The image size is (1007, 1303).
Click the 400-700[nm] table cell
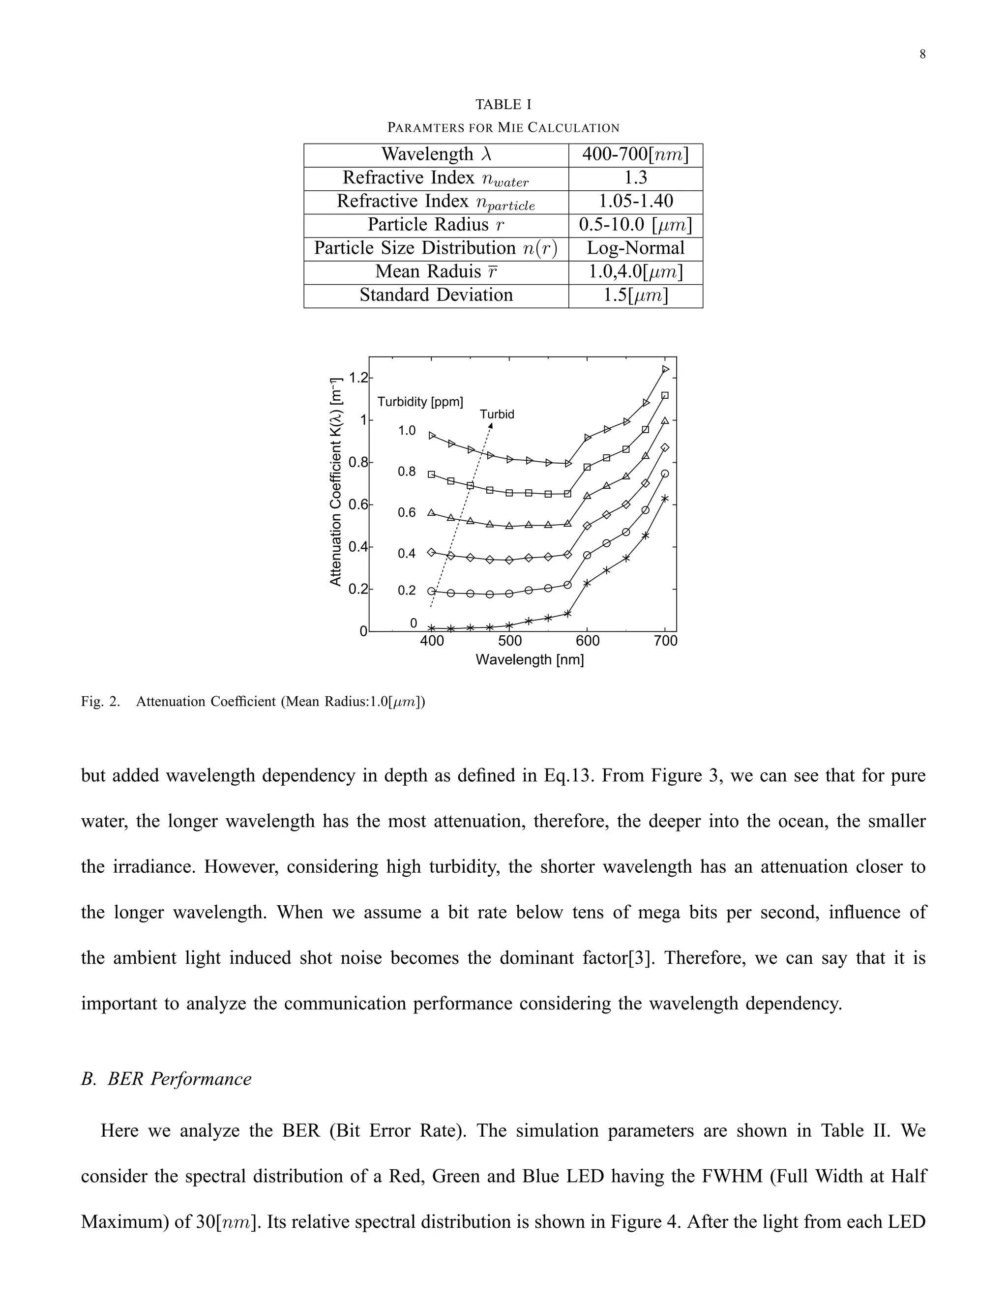tap(635, 154)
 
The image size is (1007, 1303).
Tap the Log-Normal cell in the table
tap(635, 248)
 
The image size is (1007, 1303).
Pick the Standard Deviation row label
tap(436, 296)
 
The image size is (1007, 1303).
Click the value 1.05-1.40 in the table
tap(635, 201)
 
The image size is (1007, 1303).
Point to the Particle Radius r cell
tap(436, 225)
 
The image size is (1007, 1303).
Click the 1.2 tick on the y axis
tap(359, 378)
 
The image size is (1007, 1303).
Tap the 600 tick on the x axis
tap(588, 641)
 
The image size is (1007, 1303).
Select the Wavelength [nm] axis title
tap(529, 660)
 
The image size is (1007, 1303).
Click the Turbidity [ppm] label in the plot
tap(420, 402)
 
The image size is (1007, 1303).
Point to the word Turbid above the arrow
tap(497, 414)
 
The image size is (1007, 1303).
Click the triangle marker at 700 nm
tap(665, 420)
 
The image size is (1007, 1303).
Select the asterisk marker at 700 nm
tap(665, 498)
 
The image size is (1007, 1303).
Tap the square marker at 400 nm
tap(431, 474)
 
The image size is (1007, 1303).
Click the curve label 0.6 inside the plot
tap(406, 512)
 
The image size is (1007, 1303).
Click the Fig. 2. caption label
tap(100, 702)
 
